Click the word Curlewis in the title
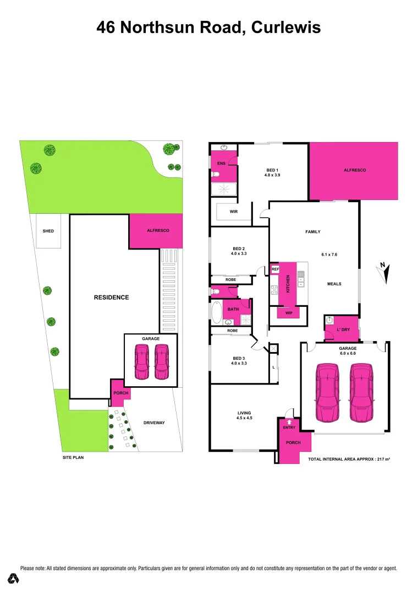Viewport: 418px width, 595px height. pos(285,28)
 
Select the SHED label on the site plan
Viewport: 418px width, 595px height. pos(48,231)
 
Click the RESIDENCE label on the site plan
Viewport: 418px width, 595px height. pos(111,297)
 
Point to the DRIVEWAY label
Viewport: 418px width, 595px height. pos(153,423)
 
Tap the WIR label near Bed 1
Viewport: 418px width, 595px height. pos(233,212)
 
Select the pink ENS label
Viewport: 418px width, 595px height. pos(221,164)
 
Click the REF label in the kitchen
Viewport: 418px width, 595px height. pos(276,269)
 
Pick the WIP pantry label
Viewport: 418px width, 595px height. pos(288,312)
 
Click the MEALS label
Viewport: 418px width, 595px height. pos(334,284)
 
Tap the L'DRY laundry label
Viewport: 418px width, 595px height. pos(343,329)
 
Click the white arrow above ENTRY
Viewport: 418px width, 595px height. pos(289,422)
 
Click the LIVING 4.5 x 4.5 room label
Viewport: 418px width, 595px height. pos(244,415)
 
